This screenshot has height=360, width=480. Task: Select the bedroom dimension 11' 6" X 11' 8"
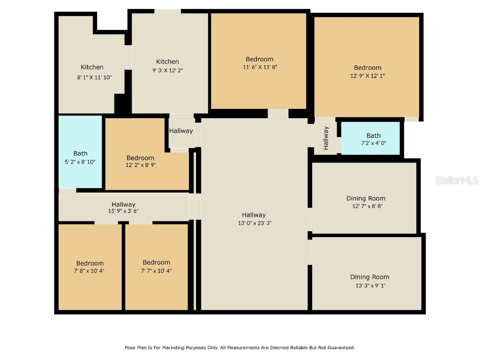tap(259, 67)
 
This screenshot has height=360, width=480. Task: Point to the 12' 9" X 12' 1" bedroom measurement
tap(367, 75)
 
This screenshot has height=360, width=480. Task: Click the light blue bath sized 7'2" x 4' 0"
tap(371, 138)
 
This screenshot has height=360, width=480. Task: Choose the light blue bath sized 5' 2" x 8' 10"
tap(80, 152)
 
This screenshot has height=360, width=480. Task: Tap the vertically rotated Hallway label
tap(326, 138)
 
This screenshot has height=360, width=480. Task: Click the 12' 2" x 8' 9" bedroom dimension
tap(140, 165)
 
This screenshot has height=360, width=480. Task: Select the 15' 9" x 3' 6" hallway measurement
tap(123, 211)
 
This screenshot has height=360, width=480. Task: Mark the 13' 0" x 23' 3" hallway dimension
tap(255, 223)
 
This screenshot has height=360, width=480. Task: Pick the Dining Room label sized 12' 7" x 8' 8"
tap(366, 198)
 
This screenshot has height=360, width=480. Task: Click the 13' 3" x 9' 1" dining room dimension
tap(370, 285)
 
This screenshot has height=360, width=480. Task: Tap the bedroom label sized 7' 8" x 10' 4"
tap(90, 263)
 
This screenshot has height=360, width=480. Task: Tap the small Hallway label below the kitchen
tap(181, 131)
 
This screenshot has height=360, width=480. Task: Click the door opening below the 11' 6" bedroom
tap(278, 113)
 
